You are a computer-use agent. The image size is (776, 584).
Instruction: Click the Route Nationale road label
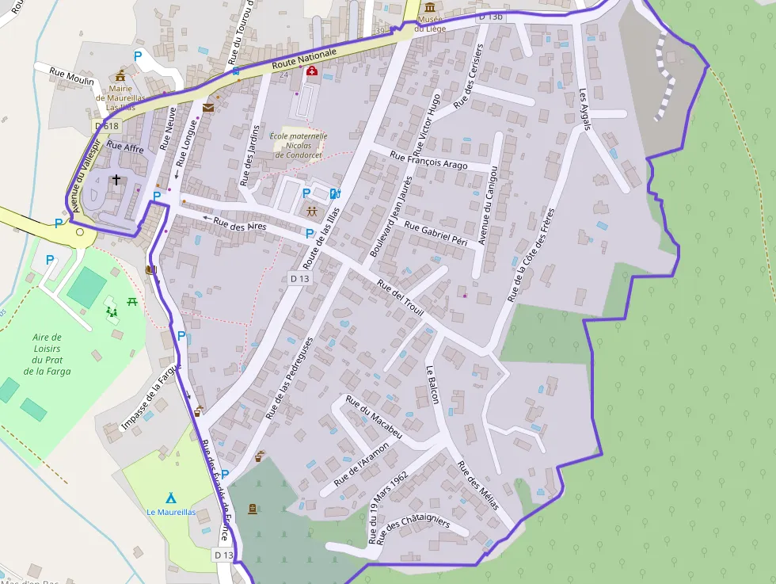click(304, 59)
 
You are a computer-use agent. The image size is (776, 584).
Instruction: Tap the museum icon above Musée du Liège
click(429, 6)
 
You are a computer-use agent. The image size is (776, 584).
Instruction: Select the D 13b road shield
click(491, 16)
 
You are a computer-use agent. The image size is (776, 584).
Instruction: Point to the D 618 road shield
click(106, 126)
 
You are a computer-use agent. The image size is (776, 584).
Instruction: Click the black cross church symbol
click(116, 180)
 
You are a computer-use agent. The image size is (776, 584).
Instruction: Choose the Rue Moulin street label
click(71, 76)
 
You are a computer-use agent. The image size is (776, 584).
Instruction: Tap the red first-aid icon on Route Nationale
click(312, 71)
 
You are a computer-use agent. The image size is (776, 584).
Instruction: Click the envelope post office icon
click(207, 108)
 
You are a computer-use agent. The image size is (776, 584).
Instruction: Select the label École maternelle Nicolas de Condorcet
click(299, 145)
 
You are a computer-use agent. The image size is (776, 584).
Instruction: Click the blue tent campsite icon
click(170, 498)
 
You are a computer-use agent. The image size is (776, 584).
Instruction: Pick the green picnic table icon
click(132, 301)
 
